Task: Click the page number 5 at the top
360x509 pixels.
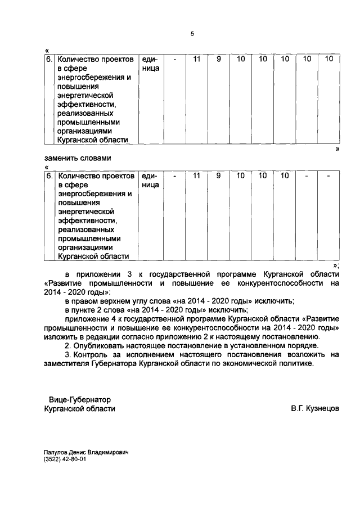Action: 192,34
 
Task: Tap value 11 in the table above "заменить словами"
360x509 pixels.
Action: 196,58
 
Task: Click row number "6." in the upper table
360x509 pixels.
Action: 49,58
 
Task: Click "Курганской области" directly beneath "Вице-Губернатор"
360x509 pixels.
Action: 79,409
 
